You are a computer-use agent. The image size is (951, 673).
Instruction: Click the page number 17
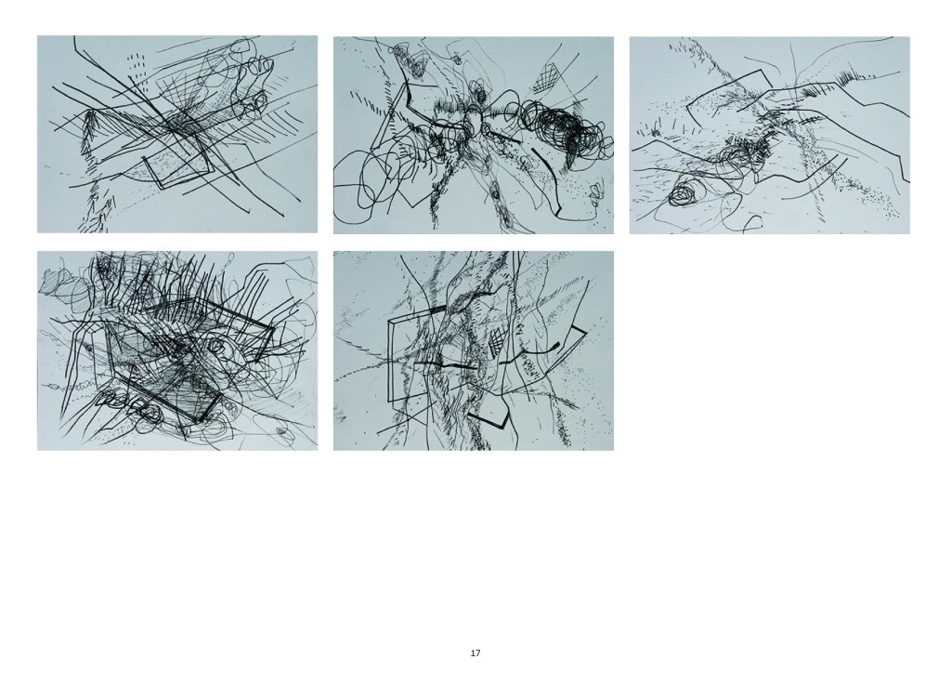[475, 653]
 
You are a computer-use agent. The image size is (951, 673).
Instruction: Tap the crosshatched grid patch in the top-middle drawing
[547, 78]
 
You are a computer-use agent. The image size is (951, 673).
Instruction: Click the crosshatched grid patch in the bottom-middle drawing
[497, 340]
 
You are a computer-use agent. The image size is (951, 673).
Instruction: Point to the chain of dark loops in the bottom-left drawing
[128, 402]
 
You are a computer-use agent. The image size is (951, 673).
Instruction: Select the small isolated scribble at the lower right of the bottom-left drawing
[282, 431]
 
